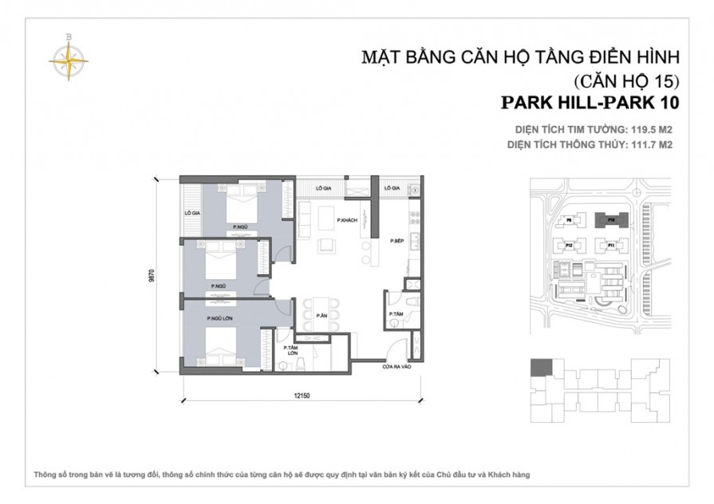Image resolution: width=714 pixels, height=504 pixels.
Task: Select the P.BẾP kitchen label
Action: point(396,240)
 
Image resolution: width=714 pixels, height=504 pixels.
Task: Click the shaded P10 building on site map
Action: point(610,219)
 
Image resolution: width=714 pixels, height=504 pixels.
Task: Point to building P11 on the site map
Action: point(610,246)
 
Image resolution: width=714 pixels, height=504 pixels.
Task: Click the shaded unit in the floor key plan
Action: point(541,368)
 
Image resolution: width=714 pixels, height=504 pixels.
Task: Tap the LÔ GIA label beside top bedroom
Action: point(191,213)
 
